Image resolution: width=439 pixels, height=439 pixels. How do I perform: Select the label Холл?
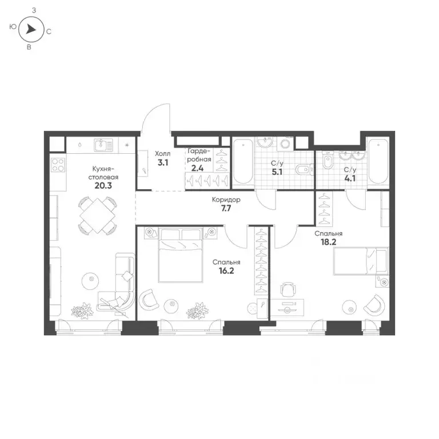[x=162, y=154]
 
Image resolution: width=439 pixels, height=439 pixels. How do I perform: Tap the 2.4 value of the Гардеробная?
[x=197, y=169]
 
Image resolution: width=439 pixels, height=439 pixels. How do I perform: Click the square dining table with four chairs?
[x=97, y=215]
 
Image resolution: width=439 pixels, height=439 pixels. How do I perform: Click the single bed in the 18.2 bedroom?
[x=360, y=261]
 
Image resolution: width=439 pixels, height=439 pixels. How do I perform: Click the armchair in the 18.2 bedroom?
[x=374, y=305]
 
